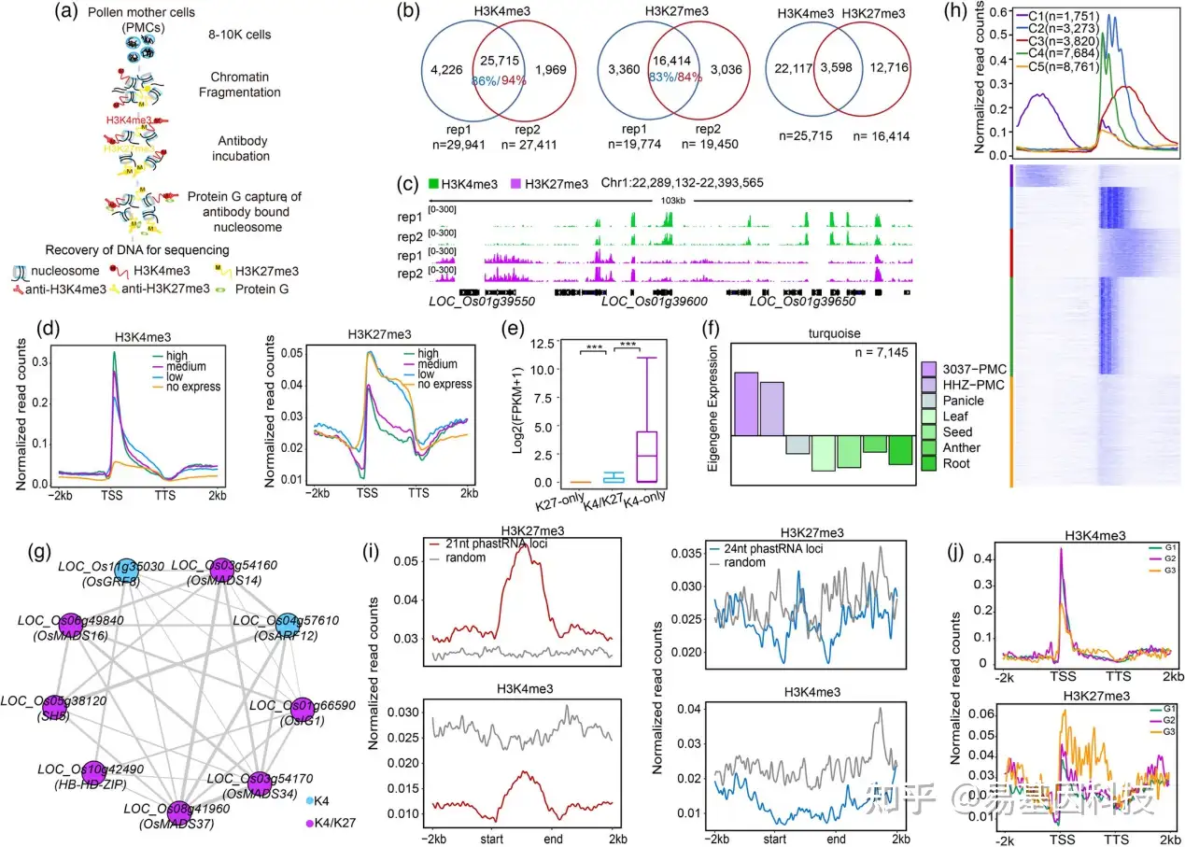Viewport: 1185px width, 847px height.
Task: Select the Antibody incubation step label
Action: click(x=240, y=148)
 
